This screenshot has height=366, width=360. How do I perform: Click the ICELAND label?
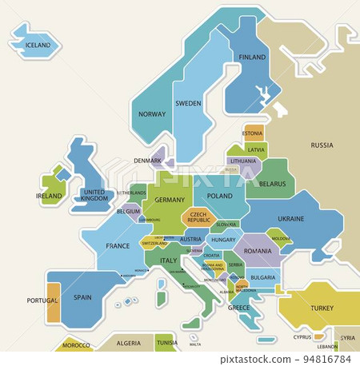click(37, 46)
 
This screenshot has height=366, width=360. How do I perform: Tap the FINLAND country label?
click(252, 58)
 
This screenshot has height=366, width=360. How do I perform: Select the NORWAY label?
click(152, 114)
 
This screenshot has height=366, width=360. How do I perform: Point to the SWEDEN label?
click(188, 104)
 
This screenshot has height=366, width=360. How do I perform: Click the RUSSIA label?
click(322, 145)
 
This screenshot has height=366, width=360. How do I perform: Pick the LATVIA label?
click(256, 149)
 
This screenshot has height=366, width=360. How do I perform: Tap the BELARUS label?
click(272, 184)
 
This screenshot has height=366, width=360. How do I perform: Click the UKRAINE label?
click(290, 218)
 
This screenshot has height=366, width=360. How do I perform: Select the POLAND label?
click(219, 196)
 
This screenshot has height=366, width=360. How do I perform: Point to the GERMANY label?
click(170, 200)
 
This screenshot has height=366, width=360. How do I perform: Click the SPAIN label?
click(82, 297)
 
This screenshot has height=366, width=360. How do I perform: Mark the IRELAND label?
click(49, 196)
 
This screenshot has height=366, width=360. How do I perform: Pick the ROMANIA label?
click(258, 251)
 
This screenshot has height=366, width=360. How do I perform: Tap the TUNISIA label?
click(167, 343)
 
